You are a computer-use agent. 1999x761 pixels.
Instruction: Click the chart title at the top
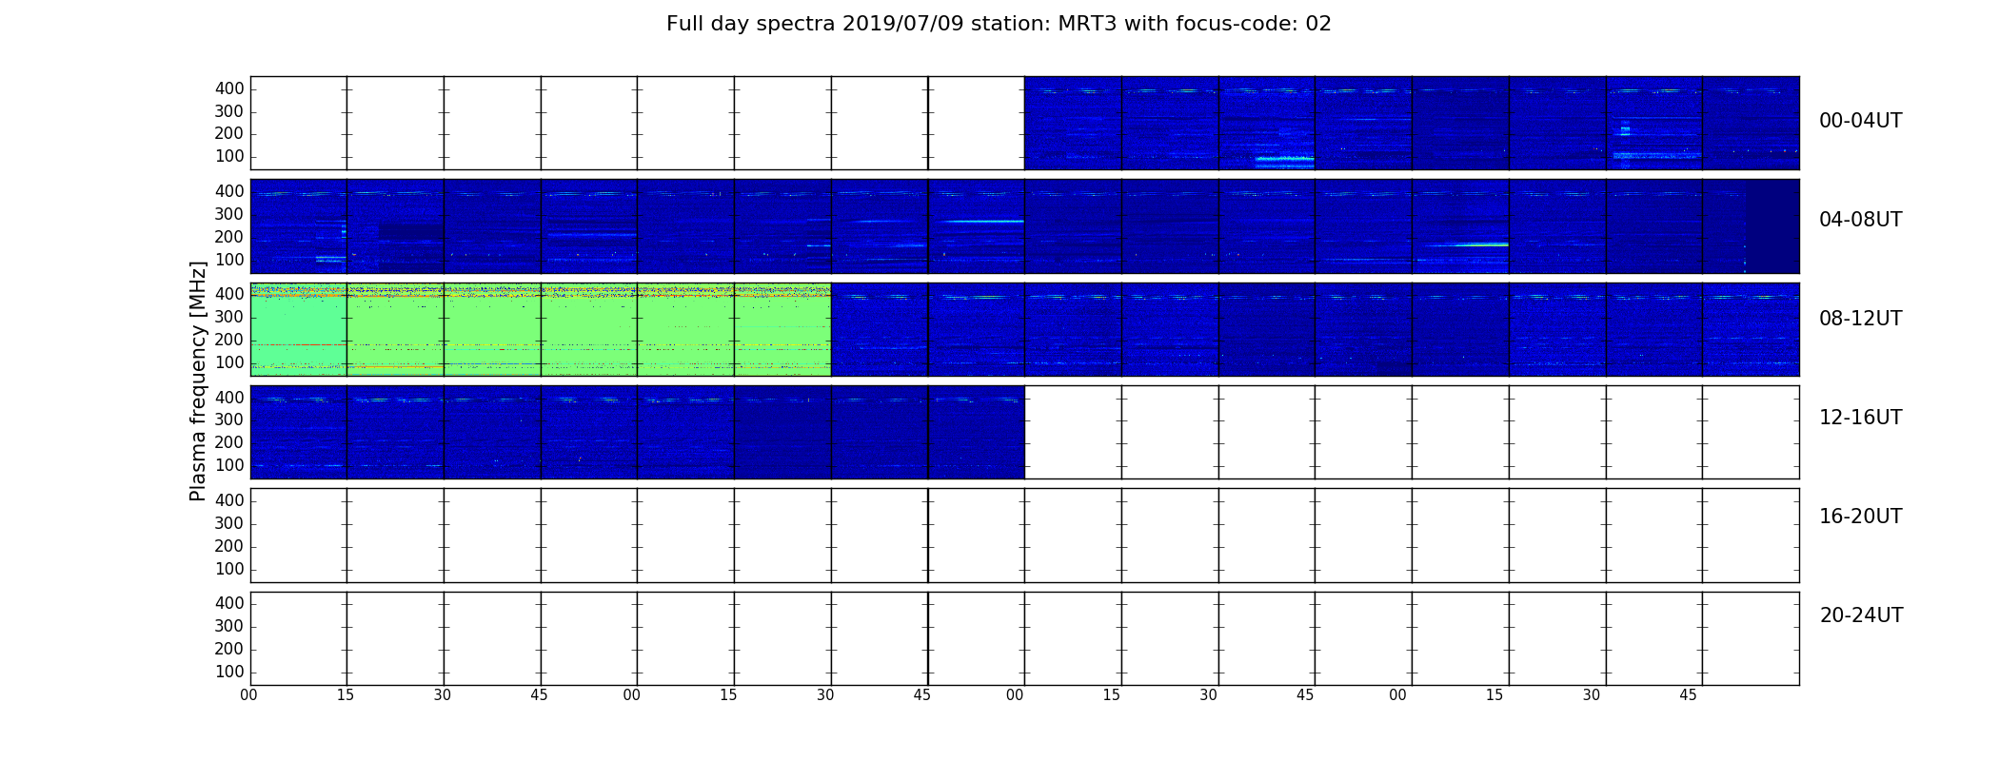[999, 24]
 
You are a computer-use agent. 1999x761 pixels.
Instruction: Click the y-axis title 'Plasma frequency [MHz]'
[198, 380]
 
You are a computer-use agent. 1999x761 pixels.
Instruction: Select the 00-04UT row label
[1860, 121]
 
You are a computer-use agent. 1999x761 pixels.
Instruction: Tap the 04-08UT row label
[1860, 220]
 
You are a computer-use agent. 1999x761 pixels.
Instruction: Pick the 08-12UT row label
[1860, 319]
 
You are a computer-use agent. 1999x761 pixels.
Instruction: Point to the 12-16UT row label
[1860, 418]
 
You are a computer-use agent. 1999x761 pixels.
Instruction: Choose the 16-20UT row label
[1860, 517]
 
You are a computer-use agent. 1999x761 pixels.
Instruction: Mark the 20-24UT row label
[1861, 615]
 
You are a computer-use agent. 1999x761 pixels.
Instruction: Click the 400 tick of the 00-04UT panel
[229, 88]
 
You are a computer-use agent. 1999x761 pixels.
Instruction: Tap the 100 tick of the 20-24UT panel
[229, 672]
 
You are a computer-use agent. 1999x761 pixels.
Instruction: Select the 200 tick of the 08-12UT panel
[229, 340]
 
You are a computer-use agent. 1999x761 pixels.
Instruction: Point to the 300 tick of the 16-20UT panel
[229, 523]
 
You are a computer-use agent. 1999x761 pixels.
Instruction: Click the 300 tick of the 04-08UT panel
[229, 214]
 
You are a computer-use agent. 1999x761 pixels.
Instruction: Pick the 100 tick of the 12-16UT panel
[229, 465]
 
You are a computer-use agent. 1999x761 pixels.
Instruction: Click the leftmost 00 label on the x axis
[248, 695]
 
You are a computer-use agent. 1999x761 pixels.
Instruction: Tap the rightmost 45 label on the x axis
[1688, 695]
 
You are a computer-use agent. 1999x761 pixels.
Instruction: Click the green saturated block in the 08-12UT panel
[541, 329]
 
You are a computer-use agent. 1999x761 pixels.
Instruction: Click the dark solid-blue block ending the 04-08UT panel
[1772, 226]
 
